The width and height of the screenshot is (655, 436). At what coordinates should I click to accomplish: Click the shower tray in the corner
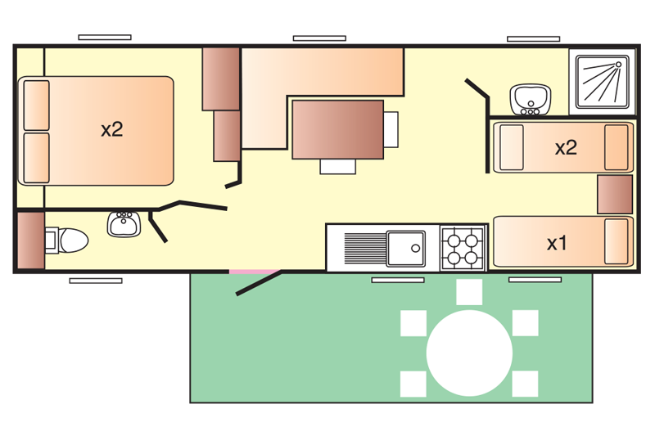tap(602, 81)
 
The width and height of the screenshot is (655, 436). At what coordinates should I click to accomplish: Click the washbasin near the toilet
tap(124, 223)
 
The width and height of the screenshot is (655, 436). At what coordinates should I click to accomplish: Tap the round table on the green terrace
tap(469, 352)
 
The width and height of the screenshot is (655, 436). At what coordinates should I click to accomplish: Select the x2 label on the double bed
tap(112, 129)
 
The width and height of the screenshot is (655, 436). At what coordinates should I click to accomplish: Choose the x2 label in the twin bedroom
tap(566, 148)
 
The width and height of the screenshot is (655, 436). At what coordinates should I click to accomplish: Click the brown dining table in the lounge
tap(337, 129)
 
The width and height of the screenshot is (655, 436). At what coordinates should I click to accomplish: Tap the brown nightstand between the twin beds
tap(615, 196)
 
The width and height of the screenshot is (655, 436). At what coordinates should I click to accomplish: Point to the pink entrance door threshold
tap(251, 271)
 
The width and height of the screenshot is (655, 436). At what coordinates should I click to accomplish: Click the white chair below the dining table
tap(338, 166)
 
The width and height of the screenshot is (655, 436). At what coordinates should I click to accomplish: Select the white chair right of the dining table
tap(391, 128)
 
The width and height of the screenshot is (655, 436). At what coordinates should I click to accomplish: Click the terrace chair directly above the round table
tap(469, 291)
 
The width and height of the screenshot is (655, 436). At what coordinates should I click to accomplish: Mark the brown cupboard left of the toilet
tap(29, 241)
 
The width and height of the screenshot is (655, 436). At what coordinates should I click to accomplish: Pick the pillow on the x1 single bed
tap(617, 241)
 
